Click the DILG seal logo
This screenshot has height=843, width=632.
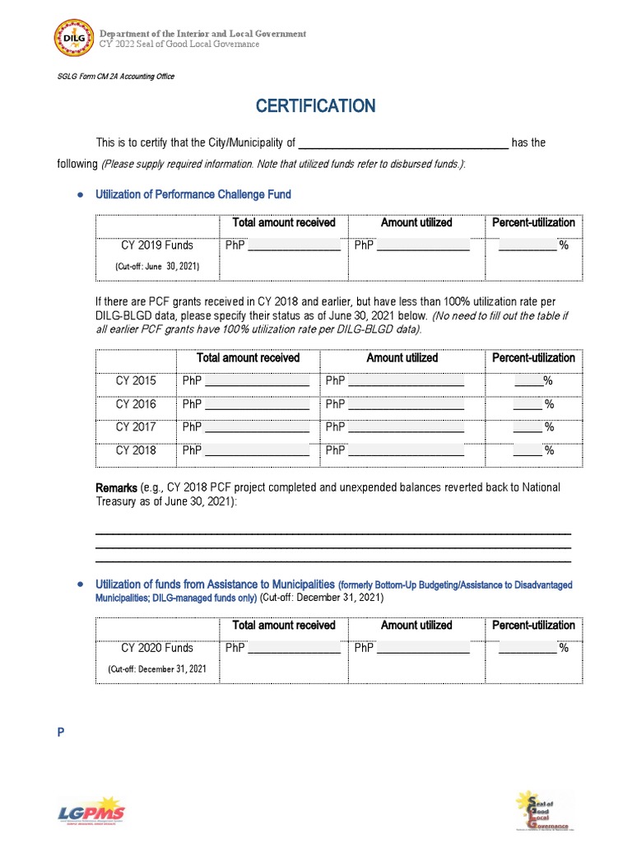(73, 39)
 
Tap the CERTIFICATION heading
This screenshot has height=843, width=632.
(315, 105)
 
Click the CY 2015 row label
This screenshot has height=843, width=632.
(136, 381)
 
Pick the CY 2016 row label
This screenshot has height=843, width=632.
(136, 404)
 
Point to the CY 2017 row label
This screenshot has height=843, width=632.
(136, 427)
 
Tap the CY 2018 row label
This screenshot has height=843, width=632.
(136, 450)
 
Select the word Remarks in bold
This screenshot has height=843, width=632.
(117, 487)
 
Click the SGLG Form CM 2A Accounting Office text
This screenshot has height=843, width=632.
(115, 77)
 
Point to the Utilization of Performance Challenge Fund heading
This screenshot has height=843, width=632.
(193, 194)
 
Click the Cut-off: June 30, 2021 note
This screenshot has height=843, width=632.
(157, 267)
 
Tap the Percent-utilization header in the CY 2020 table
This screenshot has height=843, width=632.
(533, 625)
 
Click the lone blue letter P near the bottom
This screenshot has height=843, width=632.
(60, 734)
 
